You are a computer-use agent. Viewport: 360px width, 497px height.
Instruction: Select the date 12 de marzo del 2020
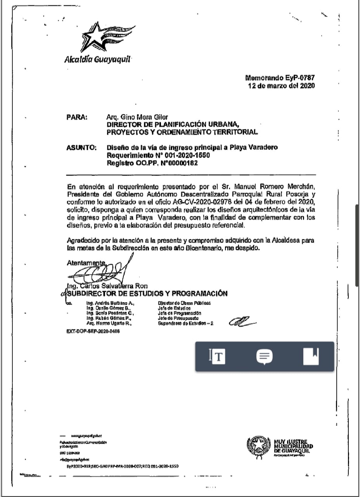coord(281,85)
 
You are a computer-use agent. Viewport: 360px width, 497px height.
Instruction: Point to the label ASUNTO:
coord(81,148)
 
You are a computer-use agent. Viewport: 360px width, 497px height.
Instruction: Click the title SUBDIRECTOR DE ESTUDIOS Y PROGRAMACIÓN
coord(147,293)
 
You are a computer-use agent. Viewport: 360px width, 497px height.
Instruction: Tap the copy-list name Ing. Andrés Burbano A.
coord(110,302)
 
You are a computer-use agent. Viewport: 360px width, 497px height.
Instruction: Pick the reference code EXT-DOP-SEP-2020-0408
coord(93,332)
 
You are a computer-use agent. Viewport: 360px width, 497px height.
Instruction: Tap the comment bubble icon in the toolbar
coord(265,356)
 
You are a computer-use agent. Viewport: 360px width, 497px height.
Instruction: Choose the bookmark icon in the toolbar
coord(311,356)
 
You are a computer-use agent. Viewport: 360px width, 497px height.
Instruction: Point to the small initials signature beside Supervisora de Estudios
coord(241,321)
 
